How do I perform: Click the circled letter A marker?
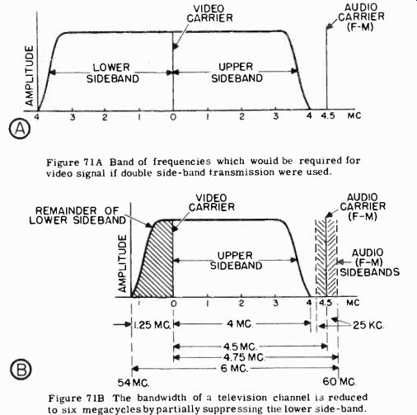click(x=20, y=130)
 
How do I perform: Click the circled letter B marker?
click(x=21, y=370)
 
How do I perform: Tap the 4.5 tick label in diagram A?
click(x=328, y=116)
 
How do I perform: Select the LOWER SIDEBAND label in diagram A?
click(x=112, y=73)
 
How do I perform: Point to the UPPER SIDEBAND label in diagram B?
click(x=236, y=261)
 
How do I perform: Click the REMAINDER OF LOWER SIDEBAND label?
click(x=77, y=215)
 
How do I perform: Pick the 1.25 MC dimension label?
click(x=152, y=325)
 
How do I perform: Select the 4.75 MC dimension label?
click(x=243, y=357)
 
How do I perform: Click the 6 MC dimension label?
click(x=234, y=368)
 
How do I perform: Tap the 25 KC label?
click(x=368, y=325)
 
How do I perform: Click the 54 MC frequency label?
click(x=134, y=383)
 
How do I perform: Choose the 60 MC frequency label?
click(x=340, y=382)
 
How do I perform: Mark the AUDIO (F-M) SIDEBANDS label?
click(x=369, y=262)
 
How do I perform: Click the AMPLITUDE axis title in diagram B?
click(x=122, y=263)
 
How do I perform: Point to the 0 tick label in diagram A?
click(x=173, y=117)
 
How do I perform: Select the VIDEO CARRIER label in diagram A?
click(x=209, y=13)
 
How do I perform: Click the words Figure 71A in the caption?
click(x=74, y=163)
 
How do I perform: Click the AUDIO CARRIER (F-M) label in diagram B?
click(x=363, y=207)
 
